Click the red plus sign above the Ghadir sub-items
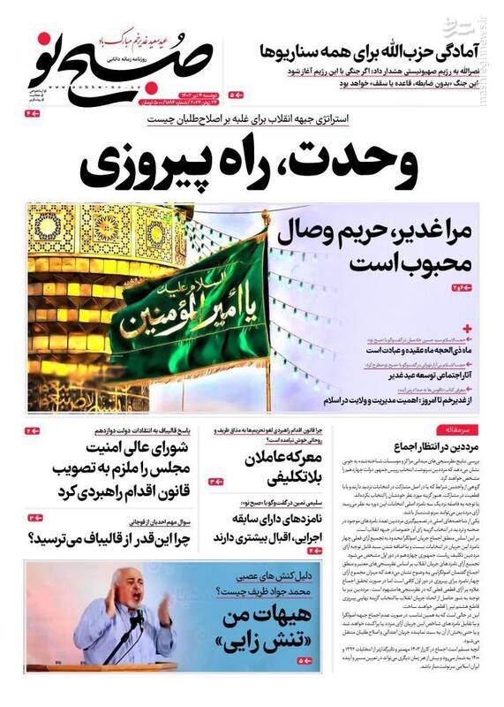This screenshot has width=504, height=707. click(467, 328)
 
